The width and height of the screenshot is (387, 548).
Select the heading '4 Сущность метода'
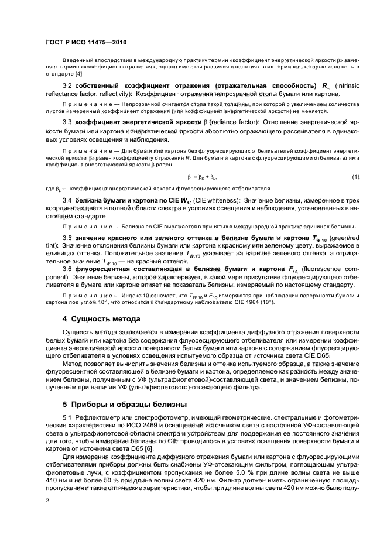click(x=101, y=318)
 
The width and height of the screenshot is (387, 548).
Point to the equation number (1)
click(x=355, y=177)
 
